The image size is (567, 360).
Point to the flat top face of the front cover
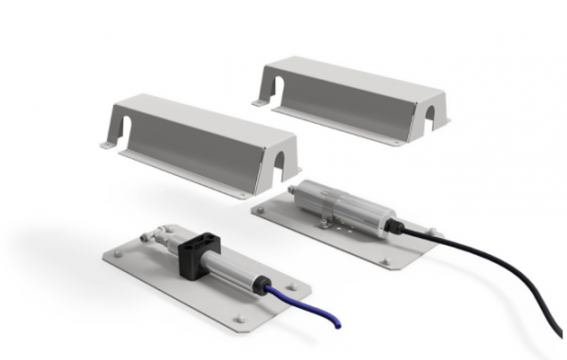coord(198,119)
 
